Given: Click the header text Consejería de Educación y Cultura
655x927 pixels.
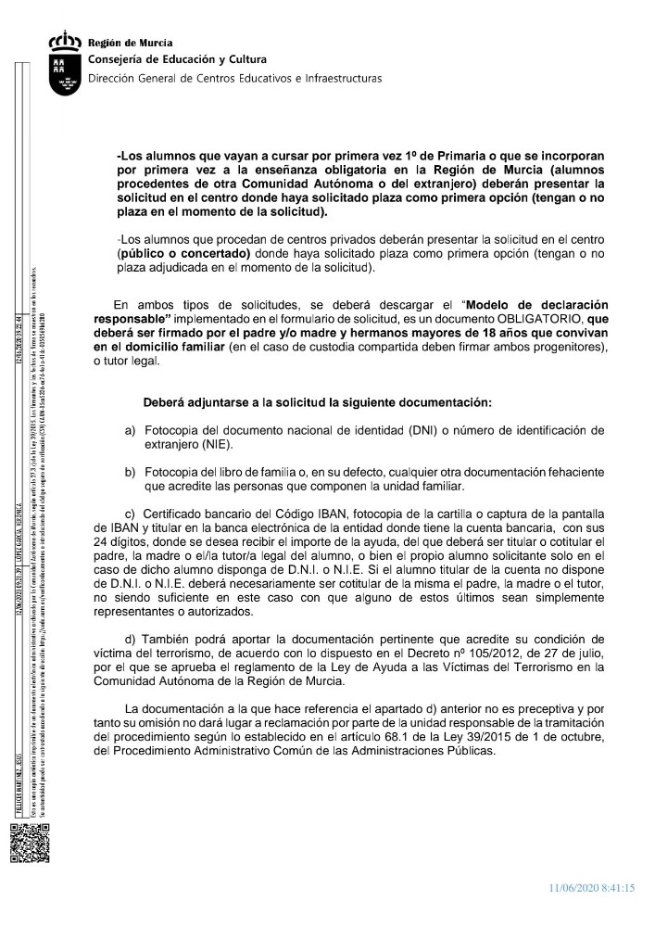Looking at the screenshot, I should point(163,60).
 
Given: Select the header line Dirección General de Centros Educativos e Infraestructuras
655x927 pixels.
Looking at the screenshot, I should point(234,79).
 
